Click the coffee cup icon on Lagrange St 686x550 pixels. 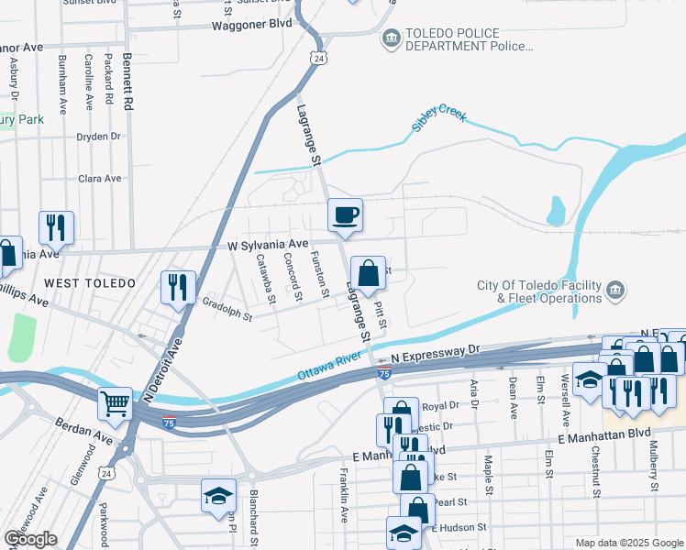[346, 214]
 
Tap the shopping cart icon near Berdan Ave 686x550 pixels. [116, 402]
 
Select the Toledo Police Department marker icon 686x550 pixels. [392, 39]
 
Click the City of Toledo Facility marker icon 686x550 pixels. [615, 291]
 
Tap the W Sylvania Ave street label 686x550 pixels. [268, 245]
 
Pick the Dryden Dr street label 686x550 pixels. [99, 137]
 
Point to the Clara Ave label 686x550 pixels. [99, 179]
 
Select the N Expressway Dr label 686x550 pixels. [435, 350]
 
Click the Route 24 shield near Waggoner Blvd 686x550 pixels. [317, 58]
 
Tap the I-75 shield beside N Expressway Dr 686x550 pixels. [385, 374]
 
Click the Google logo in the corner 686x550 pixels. [30, 539]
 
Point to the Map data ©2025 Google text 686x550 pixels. [628, 543]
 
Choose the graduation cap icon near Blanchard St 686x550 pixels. [218, 496]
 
